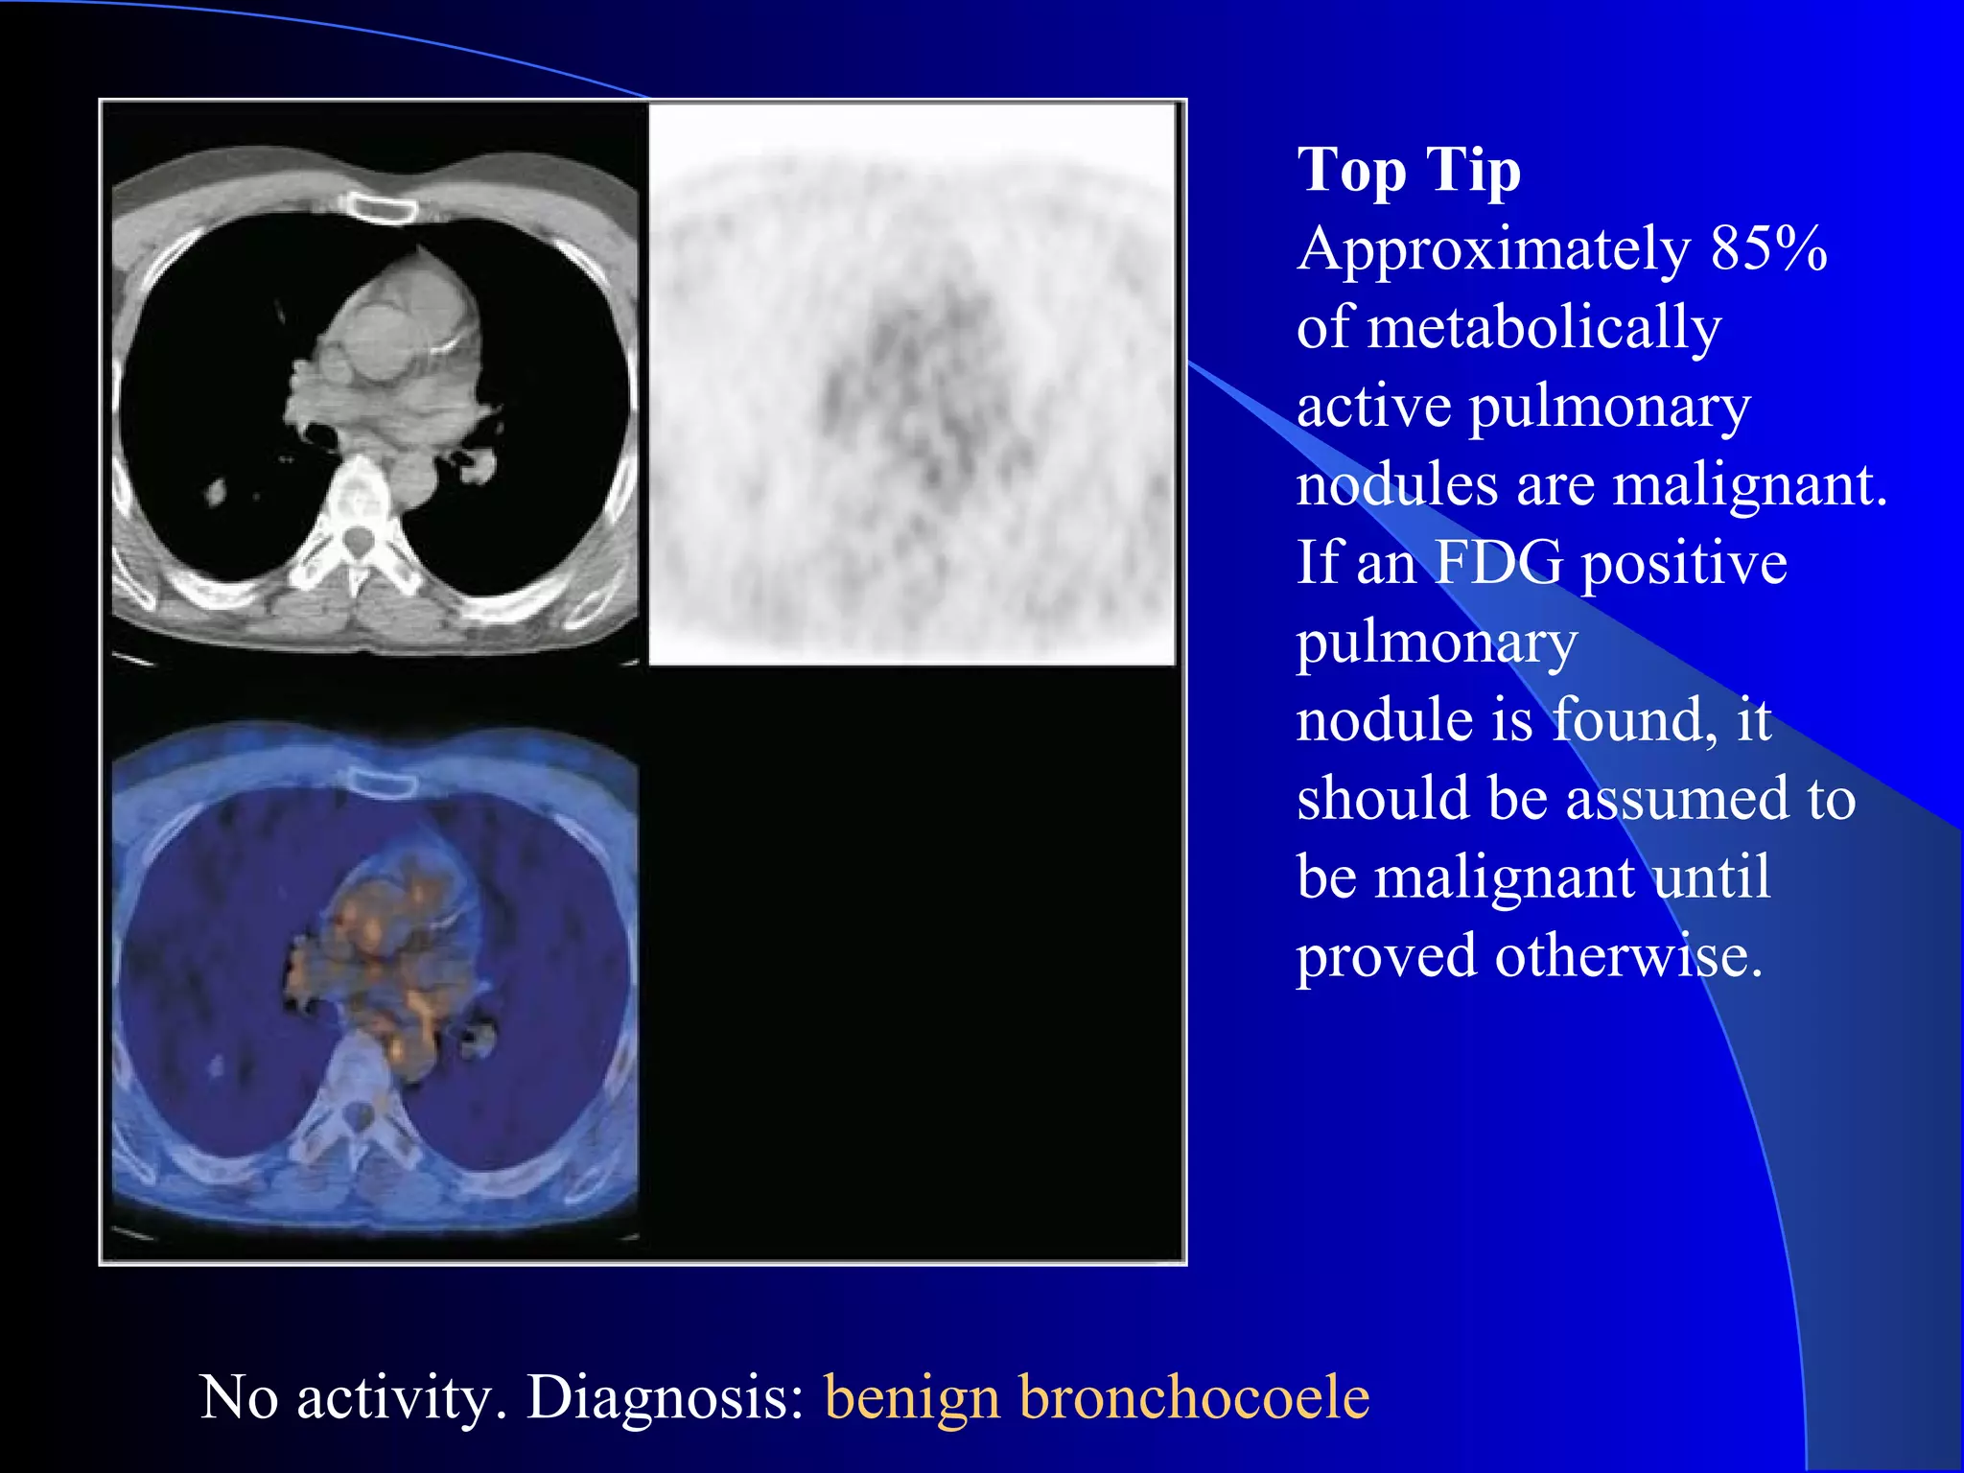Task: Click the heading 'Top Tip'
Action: (1408, 172)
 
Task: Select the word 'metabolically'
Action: (1543, 328)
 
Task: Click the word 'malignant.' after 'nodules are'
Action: (1749, 485)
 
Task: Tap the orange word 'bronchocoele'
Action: (1193, 1397)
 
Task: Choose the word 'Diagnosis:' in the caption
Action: (666, 1397)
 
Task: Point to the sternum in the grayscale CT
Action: (381, 207)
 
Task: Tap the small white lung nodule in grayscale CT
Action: (215, 493)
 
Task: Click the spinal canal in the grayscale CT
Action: (357, 542)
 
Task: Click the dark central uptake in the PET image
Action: (911, 384)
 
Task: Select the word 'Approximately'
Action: (1492, 249)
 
